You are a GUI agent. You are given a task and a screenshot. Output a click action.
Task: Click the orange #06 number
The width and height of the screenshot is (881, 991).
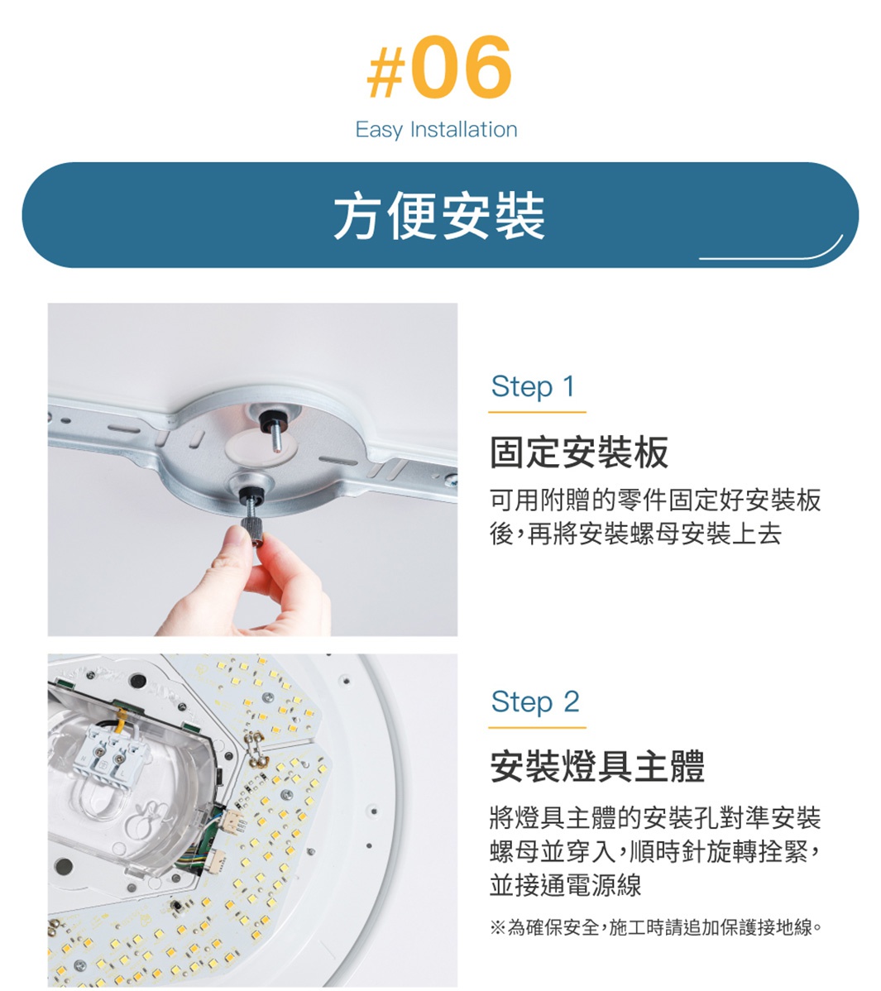coord(439,68)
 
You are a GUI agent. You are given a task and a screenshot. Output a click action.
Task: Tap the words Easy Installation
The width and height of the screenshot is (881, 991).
coord(436,130)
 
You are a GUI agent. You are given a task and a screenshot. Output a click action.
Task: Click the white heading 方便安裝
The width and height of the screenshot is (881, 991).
coord(439,216)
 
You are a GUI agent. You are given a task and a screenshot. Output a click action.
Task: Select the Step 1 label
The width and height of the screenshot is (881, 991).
coord(534,386)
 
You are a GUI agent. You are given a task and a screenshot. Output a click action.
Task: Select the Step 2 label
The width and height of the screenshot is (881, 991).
coord(534,701)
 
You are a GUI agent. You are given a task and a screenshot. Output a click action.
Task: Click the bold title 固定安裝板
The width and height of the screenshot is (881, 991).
coord(579,452)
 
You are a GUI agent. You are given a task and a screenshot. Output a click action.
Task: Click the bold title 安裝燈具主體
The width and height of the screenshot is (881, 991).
coord(597,767)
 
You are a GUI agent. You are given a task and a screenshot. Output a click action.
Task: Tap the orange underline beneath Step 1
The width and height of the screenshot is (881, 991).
coord(537,412)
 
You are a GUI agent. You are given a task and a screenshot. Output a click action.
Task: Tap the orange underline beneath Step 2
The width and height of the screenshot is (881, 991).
coord(537,727)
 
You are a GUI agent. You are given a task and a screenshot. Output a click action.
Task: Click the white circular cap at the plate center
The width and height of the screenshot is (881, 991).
coord(261,448)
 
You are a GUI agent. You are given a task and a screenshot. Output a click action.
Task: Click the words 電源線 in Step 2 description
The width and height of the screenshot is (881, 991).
coord(605,885)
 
